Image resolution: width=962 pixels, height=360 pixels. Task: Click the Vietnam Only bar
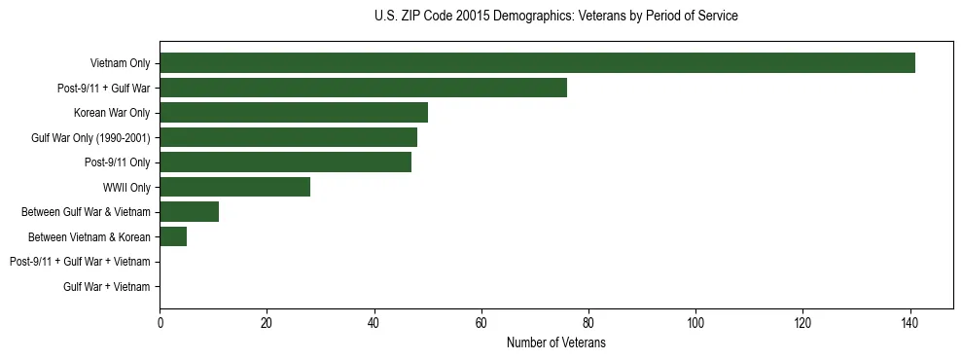(537, 63)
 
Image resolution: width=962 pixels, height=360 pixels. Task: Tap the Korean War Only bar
(294, 113)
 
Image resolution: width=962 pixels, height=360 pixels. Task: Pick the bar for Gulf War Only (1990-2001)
(288, 137)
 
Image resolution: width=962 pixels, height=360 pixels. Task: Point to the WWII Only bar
(234, 187)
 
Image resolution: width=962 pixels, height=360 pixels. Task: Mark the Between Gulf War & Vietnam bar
(189, 212)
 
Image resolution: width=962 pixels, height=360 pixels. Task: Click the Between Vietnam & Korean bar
(173, 236)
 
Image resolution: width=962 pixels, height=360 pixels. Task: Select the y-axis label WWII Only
(126, 187)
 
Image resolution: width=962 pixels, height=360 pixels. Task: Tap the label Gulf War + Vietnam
(106, 286)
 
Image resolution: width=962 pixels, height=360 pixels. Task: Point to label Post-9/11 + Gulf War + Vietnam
(80, 262)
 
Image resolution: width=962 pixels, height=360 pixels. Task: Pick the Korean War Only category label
(112, 113)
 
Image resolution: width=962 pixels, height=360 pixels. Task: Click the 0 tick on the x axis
(160, 322)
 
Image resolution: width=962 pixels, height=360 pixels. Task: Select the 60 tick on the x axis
(481, 322)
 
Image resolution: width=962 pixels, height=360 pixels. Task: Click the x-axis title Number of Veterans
(555, 342)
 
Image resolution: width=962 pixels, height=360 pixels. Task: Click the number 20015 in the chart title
(473, 17)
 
